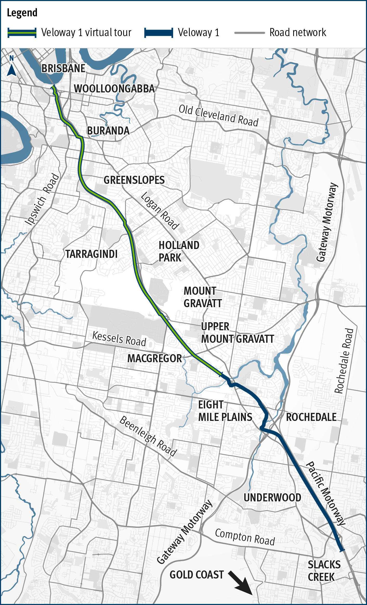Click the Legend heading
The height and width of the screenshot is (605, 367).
point(22,13)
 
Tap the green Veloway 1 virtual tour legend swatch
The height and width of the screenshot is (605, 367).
point(22,33)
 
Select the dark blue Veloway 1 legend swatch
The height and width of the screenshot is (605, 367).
point(159,33)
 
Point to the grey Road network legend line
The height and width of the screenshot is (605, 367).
point(250,33)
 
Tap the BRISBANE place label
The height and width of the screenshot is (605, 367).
point(63,69)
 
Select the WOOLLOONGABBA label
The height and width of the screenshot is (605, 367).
point(114,89)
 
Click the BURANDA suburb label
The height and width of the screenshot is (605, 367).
point(108,131)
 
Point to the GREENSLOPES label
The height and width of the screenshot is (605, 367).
point(134,180)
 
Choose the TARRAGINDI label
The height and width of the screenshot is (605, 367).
point(91,254)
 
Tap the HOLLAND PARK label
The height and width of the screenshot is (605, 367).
point(179,251)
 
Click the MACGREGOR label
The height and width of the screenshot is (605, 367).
point(155,359)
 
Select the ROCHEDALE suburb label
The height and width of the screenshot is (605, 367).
point(311,417)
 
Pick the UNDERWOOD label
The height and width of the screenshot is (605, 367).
point(272,498)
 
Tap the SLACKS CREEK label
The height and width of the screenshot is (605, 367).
point(324,571)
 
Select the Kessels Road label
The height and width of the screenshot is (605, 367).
point(119,339)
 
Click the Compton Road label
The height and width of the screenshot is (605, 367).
point(245,537)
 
